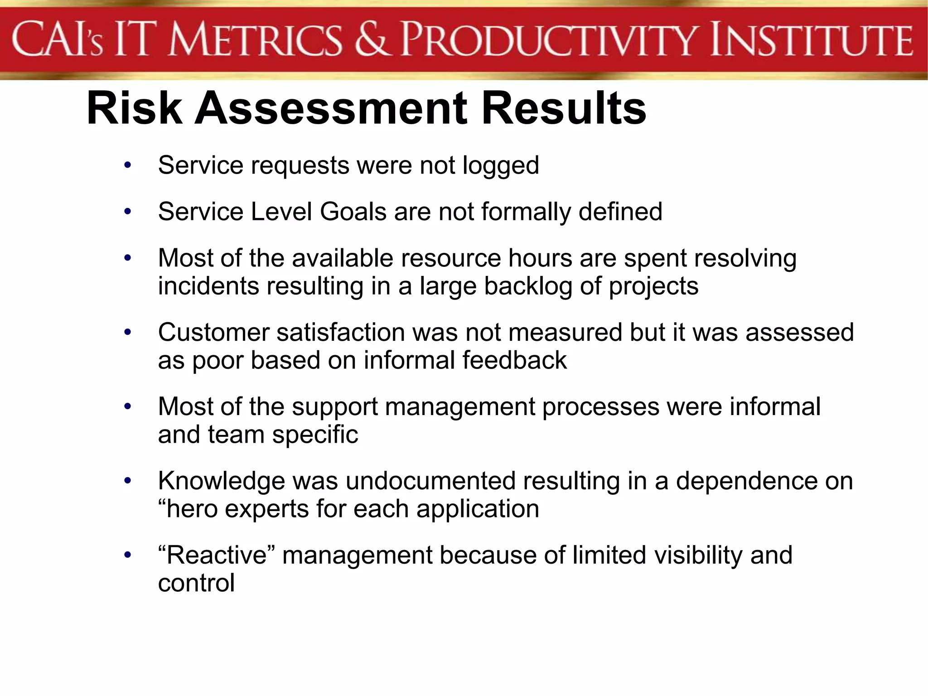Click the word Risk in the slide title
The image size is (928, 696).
tap(134, 108)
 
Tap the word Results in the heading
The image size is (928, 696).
tap(564, 108)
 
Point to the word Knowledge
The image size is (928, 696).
tap(221, 481)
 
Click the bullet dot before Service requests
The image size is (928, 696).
tap(128, 165)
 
